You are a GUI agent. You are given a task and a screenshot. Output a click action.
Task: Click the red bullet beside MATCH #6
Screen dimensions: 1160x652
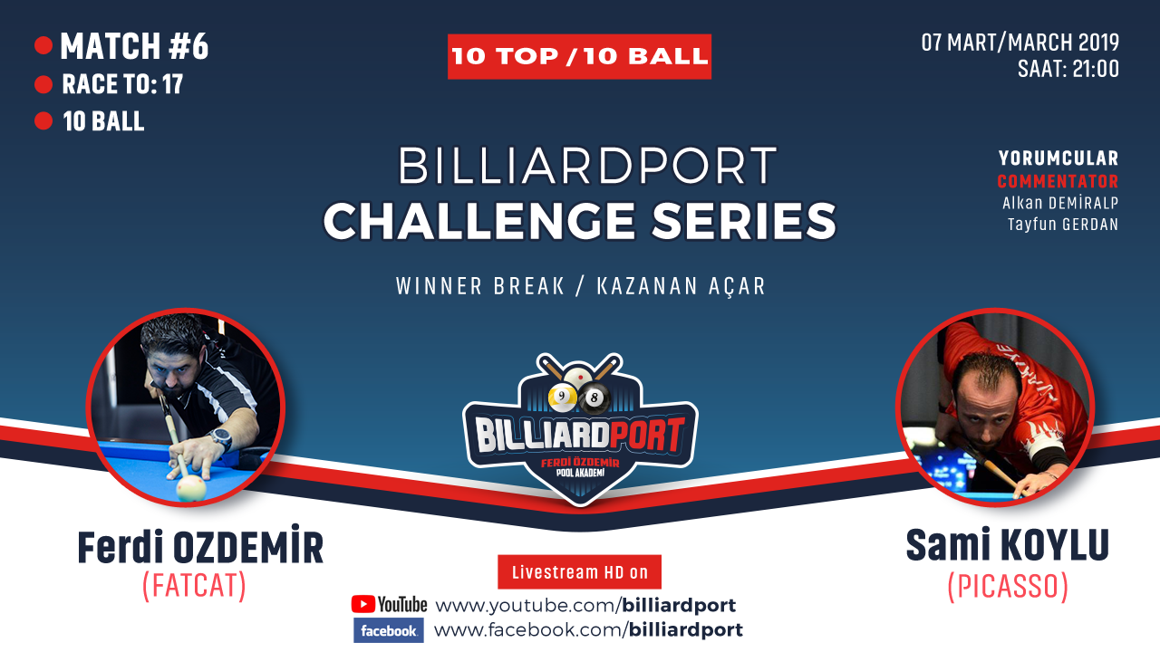click(x=43, y=45)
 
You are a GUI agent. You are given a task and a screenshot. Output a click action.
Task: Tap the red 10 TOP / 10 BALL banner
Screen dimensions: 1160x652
click(x=579, y=56)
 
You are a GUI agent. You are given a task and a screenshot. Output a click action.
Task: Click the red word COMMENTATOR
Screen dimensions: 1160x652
click(x=1058, y=181)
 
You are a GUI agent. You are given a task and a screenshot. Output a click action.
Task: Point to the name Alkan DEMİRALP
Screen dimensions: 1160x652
click(x=1060, y=203)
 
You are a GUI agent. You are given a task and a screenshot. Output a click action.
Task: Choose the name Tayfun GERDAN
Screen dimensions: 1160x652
click(x=1063, y=224)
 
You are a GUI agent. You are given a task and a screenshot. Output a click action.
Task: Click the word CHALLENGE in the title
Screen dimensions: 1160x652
click(x=479, y=221)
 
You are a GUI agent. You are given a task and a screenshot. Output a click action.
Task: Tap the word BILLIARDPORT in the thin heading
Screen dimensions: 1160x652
click(x=586, y=166)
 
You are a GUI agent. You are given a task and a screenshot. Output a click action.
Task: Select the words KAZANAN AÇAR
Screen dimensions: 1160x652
click(x=681, y=286)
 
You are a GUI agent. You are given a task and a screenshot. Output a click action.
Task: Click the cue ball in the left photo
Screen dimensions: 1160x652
click(x=191, y=487)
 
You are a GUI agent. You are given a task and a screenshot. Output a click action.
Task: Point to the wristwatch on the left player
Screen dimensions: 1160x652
click(x=222, y=439)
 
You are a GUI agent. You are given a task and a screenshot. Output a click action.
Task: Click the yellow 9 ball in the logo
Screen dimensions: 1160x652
click(x=563, y=398)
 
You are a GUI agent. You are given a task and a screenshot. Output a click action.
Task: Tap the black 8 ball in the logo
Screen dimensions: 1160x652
click(x=594, y=398)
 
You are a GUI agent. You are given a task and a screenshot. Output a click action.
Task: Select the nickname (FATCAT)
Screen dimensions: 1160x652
click(x=194, y=586)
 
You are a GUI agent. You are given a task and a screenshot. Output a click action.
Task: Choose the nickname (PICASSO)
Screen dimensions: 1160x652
click(x=1008, y=587)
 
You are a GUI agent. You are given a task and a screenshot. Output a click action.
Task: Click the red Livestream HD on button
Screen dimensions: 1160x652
click(x=579, y=571)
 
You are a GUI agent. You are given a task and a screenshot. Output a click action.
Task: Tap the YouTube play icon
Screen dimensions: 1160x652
click(x=363, y=604)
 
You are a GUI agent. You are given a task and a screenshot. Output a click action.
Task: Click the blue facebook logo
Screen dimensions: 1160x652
click(x=389, y=630)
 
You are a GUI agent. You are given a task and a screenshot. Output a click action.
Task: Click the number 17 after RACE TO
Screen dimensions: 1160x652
click(x=172, y=84)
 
